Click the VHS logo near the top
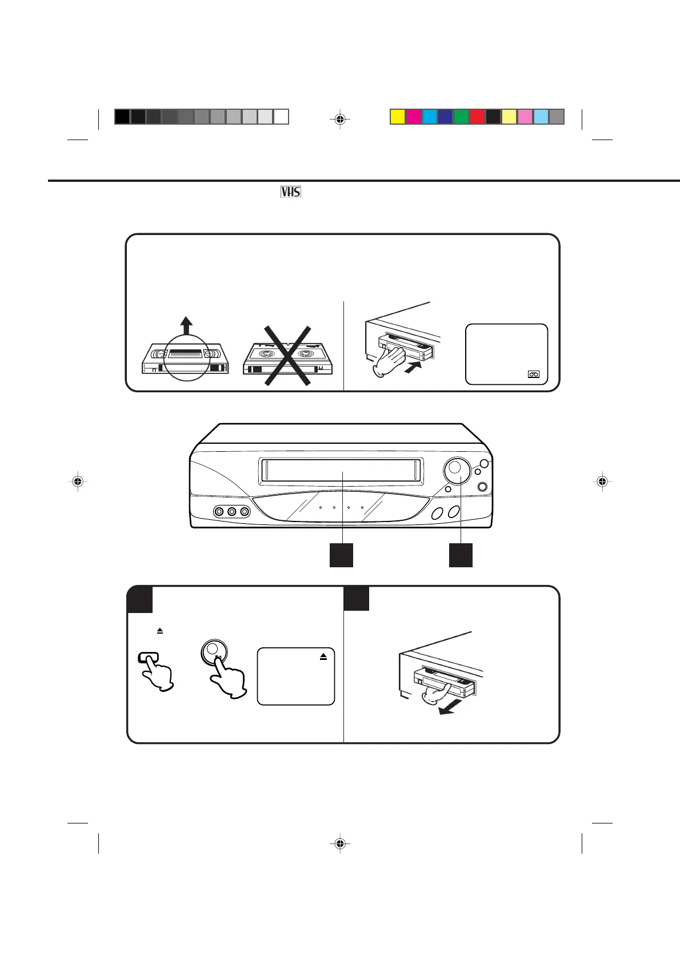pyautogui.click(x=291, y=192)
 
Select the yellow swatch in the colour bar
pyautogui.click(x=398, y=117)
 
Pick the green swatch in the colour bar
pyautogui.click(x=461, y=117)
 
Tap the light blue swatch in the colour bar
pyautogui.click(x=541, y=117)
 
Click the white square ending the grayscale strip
pyautogui.click(x=281, y=117)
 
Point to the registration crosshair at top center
pyautogui.click(x=340, y=120)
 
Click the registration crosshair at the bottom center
pyautogui.click(x=340, y=843)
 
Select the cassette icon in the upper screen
pyautogui.click(x=534, y=375)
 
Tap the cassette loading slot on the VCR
pyautogui.click(x=341, y=470)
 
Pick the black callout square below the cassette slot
pyautogui.click(x=341, y=555)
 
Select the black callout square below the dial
pyautogui.click(x=461, y=555)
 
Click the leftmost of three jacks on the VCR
pyautogui.click(x=218, y=511)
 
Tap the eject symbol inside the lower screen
pyautogui.click(x=323, y=658)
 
